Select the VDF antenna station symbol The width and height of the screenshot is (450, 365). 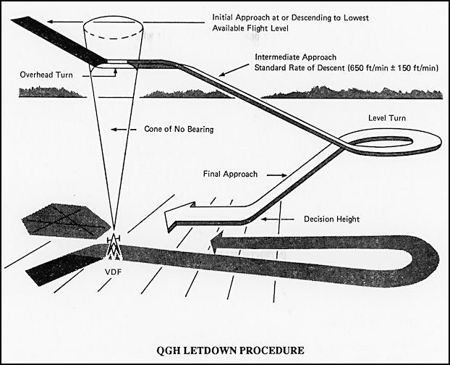pyautogui.click(x=113, y=249)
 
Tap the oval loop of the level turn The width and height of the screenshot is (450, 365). pyautogui.click(x=390, y=142)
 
